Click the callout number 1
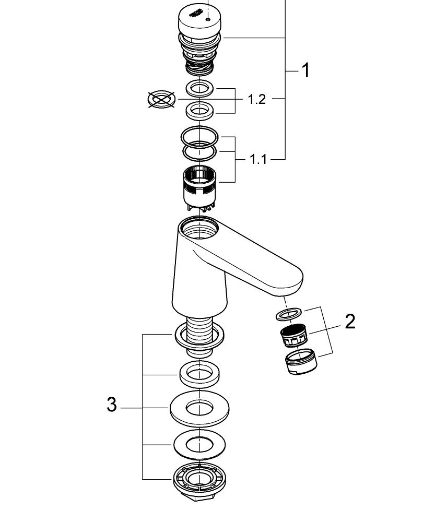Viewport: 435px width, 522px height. (306, 70)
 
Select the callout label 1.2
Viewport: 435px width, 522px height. (256, 99)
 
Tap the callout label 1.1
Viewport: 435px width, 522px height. (258, 159)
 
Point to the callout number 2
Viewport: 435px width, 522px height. (350, 321)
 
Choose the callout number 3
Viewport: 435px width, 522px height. (111, 404)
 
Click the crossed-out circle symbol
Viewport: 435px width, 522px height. (161, 99)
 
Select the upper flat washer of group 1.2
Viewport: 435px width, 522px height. (200, 88)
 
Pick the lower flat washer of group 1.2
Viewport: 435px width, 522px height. (200, 110)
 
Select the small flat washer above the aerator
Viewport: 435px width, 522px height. (289, 314)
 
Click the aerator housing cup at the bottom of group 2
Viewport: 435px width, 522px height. (301, 361)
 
